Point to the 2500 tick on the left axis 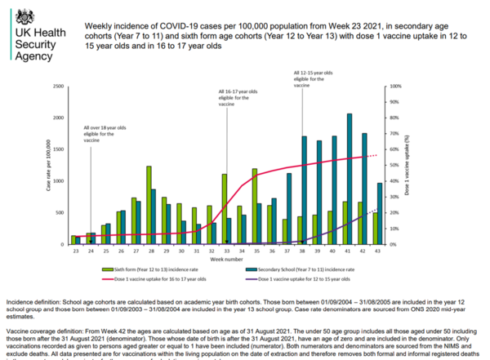point(58,86)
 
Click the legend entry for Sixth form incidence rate point(146,269)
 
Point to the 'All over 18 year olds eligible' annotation point(104,135)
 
